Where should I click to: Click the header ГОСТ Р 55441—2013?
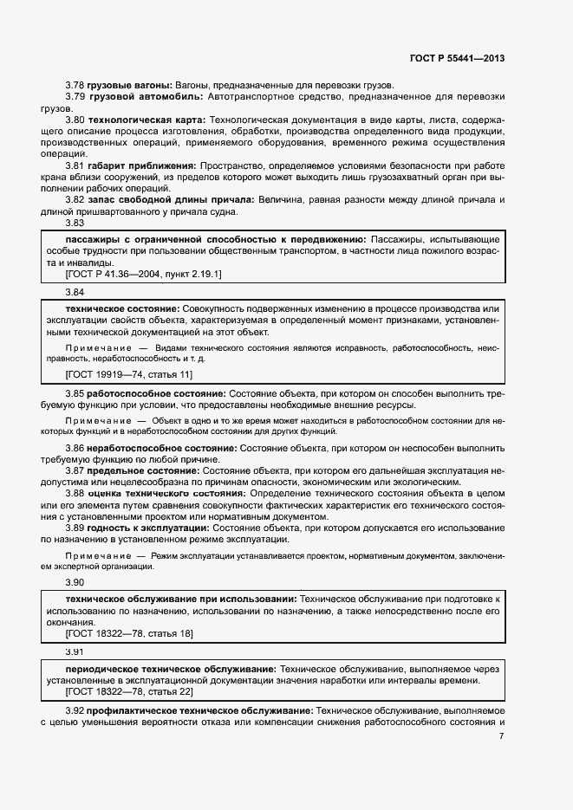tap(457, 59)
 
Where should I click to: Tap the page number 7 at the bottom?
tap(502, 736)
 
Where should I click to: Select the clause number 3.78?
tap(75, 85)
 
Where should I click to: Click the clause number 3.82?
tap(75, 199)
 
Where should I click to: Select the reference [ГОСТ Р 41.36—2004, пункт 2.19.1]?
tap(144, 274)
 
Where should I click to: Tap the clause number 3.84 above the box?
tap(75, 293)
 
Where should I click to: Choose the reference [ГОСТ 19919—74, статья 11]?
tap(129, 374)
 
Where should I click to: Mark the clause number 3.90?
tap(75, 582)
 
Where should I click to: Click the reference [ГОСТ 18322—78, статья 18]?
tap(129, 634)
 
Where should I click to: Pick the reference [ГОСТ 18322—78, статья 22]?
tap(129, 691)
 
